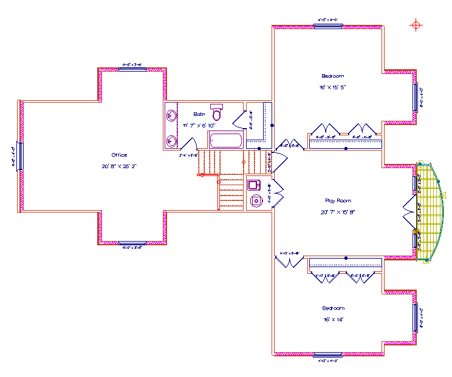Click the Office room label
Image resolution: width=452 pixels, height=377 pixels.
click(x=119, y=155)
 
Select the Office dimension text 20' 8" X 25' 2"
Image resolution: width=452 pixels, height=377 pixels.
click(x=120, y=166)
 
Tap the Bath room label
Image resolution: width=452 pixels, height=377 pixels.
click(x=199, y=114)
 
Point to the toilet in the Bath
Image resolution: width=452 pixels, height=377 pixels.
click(x=217, y=112)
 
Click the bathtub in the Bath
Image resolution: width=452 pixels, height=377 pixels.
click(x=225, y=141)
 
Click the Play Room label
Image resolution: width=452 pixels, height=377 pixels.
click(x=338, y=201)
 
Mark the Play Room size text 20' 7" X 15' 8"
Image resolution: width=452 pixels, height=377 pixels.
click(x=338, y=212)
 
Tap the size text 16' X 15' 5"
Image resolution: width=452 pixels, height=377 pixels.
click(x=333, y=87)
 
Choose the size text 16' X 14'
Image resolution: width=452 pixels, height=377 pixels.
click(x=333, y=319)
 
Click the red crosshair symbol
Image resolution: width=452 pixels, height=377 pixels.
click(x=416, y=25)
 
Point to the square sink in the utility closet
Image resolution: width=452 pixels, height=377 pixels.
click(x=254, y=185)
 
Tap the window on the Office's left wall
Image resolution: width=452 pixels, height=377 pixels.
click(x=20, y=156)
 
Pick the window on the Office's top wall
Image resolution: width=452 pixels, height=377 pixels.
click(x=132, y=69)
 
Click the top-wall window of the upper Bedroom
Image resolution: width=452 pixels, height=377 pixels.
click(x=329, y=25)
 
